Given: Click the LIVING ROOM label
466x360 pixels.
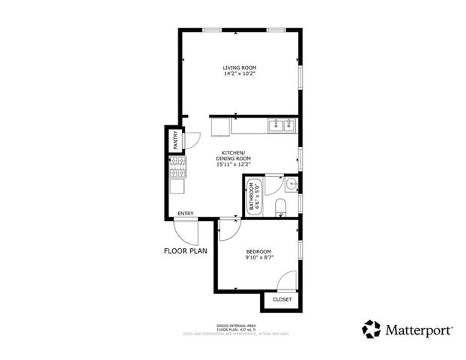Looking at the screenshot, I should click(x=239, y=67).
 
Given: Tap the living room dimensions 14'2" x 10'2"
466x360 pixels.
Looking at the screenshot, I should click(x=239, y=74).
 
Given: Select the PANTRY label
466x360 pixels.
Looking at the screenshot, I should click(x=175, y=141).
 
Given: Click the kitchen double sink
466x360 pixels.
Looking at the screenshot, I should click(x=282, y=125).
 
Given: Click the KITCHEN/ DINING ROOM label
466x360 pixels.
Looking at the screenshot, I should click(x=232, y=155).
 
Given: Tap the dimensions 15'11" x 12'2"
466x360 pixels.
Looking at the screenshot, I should click(x=232, y=166).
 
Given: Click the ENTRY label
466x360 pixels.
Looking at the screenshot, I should click(x=186, y=214).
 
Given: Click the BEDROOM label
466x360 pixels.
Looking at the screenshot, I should click(x=258, y=251).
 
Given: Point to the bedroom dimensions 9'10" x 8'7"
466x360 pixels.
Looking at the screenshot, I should click(x=258, y=258).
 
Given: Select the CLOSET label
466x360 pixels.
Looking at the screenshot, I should click(x=282, y=299).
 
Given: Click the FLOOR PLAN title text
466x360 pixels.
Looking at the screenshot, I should click(x=187, y=252).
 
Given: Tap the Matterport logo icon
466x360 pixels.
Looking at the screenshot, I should click(x=371, y=328).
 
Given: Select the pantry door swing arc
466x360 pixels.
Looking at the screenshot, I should click(x=192, y=139).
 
